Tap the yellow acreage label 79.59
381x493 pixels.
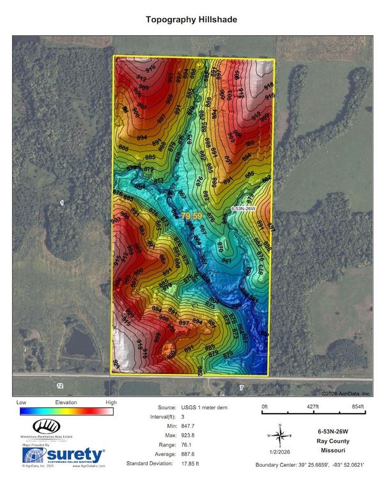pyautogui.click(x=190, y=216)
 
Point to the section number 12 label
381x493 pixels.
pyautogui.click(x=60, y=386)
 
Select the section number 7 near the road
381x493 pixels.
pyautogui.click(x=241, y=387)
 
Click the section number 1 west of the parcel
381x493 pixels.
pyautogui.click(x=62, y=203)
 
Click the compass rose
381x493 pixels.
pyautogui.click(x=279, y=435)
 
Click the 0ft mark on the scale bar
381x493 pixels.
pyautogui.click(x=265, y=407)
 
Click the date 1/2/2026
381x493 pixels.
pyautogui.click(x=279, y=453)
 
